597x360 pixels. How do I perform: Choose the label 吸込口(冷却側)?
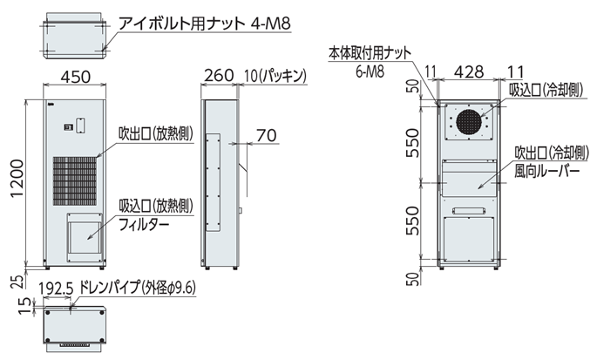point(546,89)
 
